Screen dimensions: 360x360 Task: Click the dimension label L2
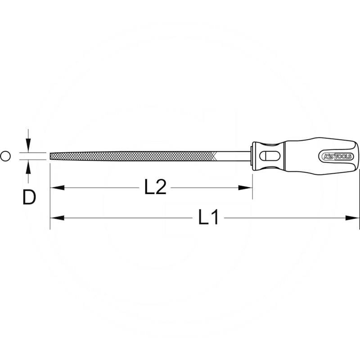(x=155, y=187)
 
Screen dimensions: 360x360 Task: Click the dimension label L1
(x=208, y=218)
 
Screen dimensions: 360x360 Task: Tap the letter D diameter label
(x=29, y=197)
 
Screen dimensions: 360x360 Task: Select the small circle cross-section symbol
(x=5, y=156)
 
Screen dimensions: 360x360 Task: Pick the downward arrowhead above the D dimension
(x=28, y=146)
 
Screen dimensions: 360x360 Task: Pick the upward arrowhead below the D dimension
(x=28, y=166)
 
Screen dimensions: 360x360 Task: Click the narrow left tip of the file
(x=51, y=156)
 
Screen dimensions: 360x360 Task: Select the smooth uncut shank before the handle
(x=234, y=156)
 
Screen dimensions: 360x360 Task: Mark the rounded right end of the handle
(x=357, y=156)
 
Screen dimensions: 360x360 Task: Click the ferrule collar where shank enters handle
(x=253, y=156)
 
